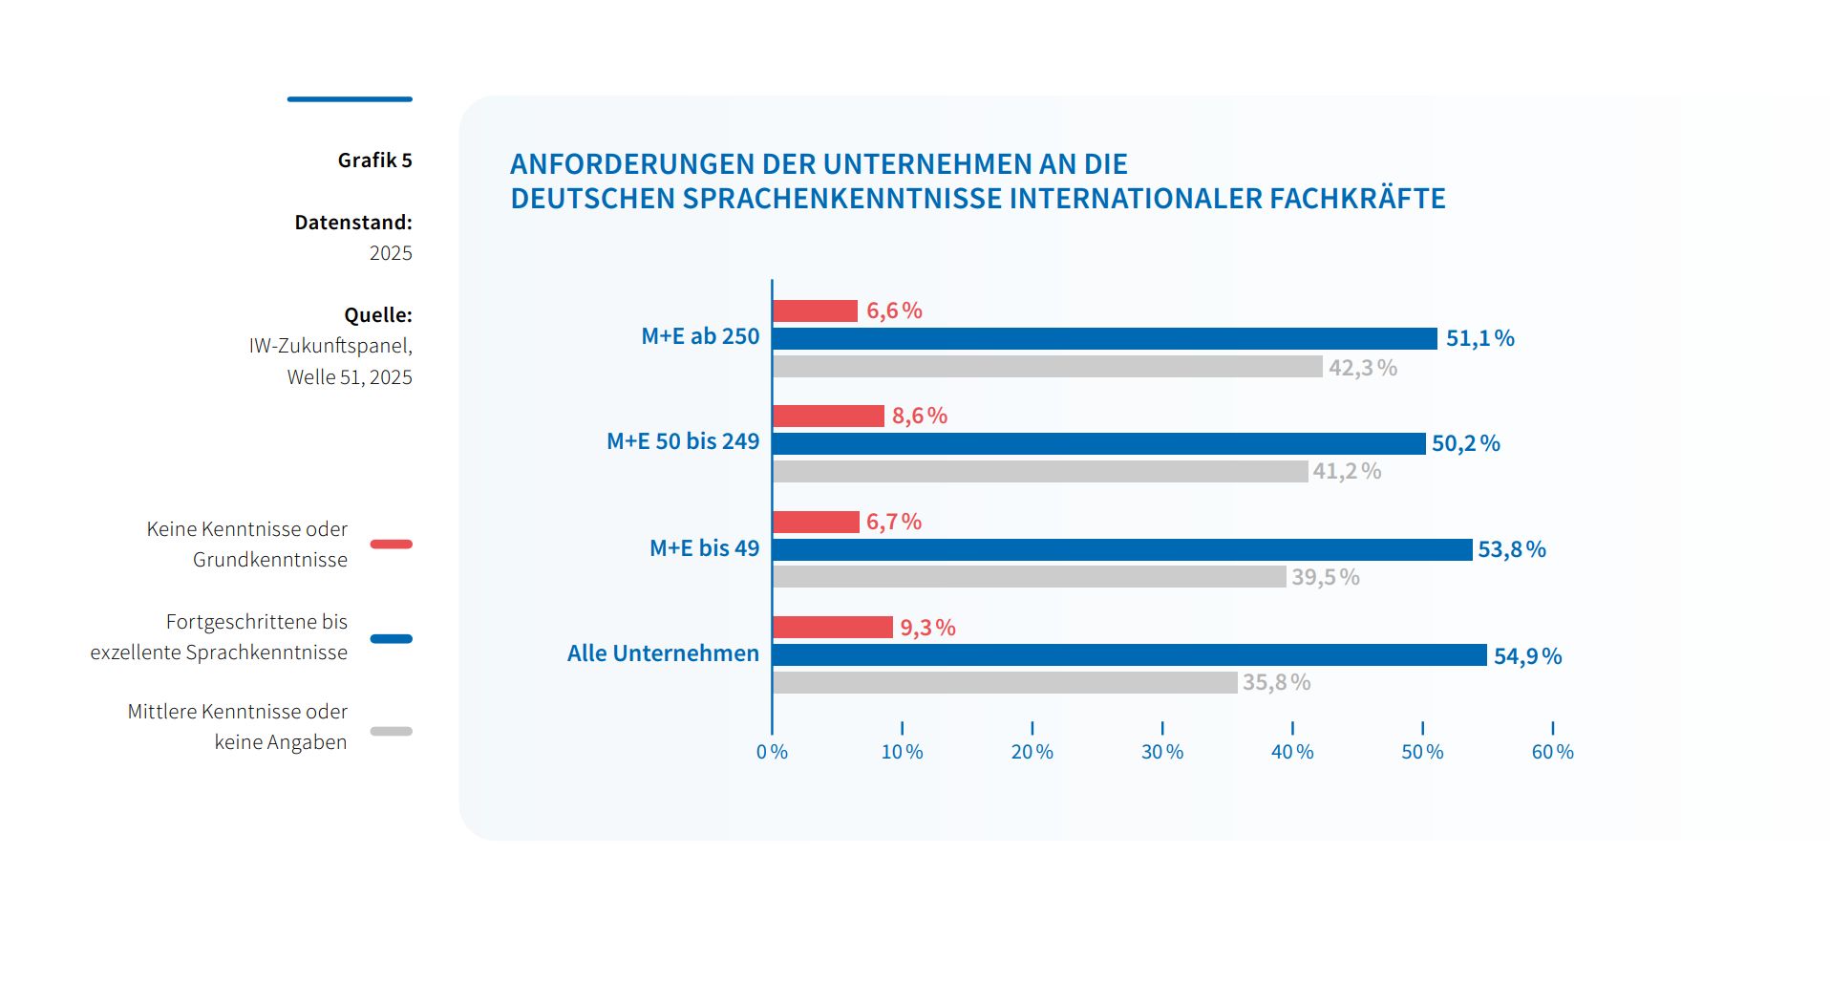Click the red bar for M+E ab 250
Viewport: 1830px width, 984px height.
tap(815, 310)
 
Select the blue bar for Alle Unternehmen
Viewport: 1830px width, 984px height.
tap(1129, 654)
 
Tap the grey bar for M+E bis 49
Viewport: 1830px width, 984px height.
tap(1029, 576)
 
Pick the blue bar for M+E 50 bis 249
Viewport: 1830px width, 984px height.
tap(1098, 443)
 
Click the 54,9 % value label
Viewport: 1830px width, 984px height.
tap(1527, 656)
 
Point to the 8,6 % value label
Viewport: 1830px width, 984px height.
tap(919, 416)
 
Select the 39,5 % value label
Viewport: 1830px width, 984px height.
tap(1325, 577)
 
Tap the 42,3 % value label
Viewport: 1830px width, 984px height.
tap(1362, 368)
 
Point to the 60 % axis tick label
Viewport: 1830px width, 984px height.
tap(1552, 752)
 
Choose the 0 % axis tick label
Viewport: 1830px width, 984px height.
tap(772, 752)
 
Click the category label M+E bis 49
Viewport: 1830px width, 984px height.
tap(704, 548)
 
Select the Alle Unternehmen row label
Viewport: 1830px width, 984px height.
tap(663, 653)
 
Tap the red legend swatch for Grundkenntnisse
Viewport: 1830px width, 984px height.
tap(391, 545)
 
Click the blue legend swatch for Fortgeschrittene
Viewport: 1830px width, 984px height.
tap(391, 638)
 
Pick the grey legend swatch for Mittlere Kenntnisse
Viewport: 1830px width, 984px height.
tap(391, 731)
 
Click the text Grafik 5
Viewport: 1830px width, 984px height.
tap(374, 160)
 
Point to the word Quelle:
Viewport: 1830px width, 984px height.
tap(378, 315)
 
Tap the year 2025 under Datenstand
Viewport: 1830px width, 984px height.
tap(391, 253)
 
